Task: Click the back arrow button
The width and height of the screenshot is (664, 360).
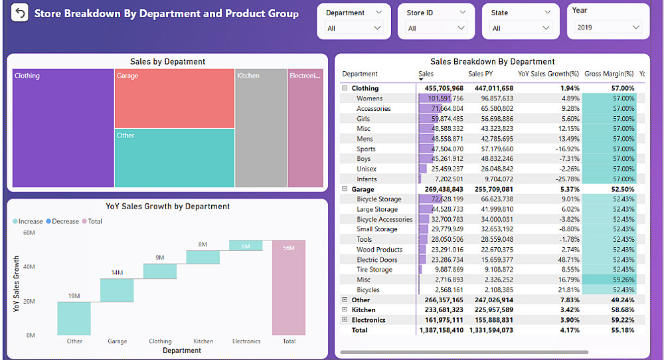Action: [x=20, y=13]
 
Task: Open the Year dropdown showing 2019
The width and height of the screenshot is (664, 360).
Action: [x=609, y=27]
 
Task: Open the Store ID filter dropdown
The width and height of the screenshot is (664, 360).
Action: [x=436, y=28]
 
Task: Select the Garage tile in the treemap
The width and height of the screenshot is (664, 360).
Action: [x=174, y=98]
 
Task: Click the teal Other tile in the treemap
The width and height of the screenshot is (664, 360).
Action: [x=174, y=158]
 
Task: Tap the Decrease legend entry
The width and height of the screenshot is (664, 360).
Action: [x=65, y=221]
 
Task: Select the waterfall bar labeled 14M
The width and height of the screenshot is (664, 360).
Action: [x=117, y=290]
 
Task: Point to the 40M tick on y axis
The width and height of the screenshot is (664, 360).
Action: [x=29, y=267]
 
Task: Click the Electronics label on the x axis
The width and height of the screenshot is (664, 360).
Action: [x=246, y=341]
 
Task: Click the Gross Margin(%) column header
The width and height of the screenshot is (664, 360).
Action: [x=609, y=74]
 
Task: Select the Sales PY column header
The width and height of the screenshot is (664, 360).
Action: [x=483, y=74]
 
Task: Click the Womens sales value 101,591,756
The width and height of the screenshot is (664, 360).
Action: [x=442, y=98]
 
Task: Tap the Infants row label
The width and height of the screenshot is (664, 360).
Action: [x=367, y=179]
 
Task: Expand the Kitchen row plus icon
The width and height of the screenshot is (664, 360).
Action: [x=345, y=310]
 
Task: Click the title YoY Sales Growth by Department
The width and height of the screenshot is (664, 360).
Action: [x=168, y=207]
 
